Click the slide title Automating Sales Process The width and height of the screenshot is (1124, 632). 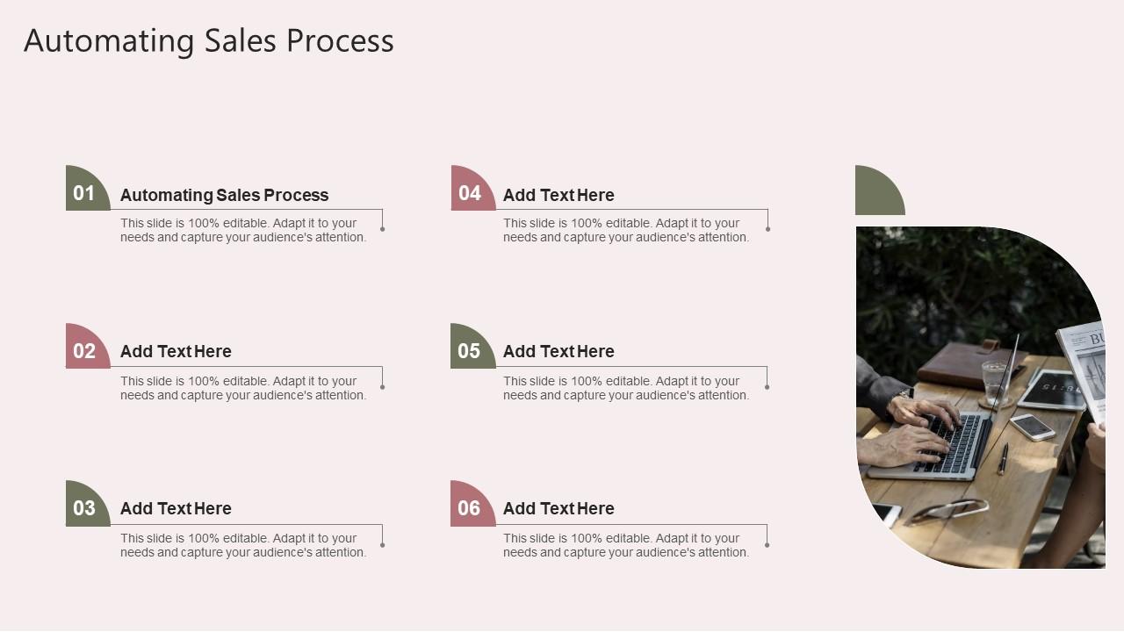point(209,41)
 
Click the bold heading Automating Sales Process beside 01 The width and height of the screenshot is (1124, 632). point(224,195)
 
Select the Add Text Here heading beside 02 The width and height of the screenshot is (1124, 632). point(176,351)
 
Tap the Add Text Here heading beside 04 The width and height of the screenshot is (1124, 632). point(558,195)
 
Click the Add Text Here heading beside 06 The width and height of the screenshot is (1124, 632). point(558,508)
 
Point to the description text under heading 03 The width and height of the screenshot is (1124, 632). point(243,545)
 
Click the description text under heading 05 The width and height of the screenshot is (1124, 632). point(626,388)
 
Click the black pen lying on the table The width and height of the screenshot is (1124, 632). point(1003,458)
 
